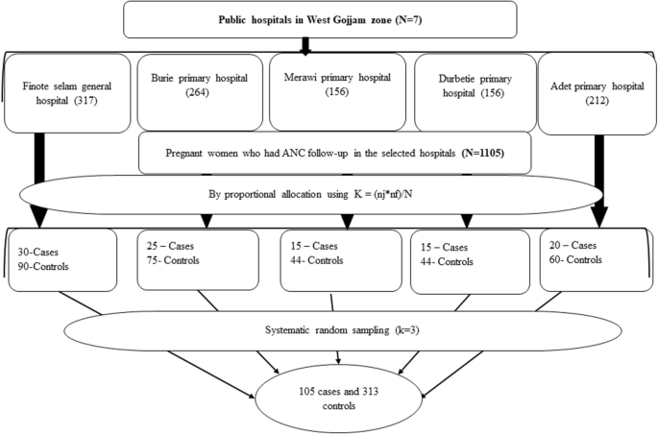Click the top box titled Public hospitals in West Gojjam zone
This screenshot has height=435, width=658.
pyautogui.click(x=319, y=19)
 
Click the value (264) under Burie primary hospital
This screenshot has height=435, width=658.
pyautogui.click(x=195, y=96)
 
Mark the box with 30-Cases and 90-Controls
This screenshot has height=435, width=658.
pyautogui.click(x=62, y=257)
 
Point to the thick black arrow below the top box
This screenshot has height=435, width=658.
pyautogui.click(x=305, y=45)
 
